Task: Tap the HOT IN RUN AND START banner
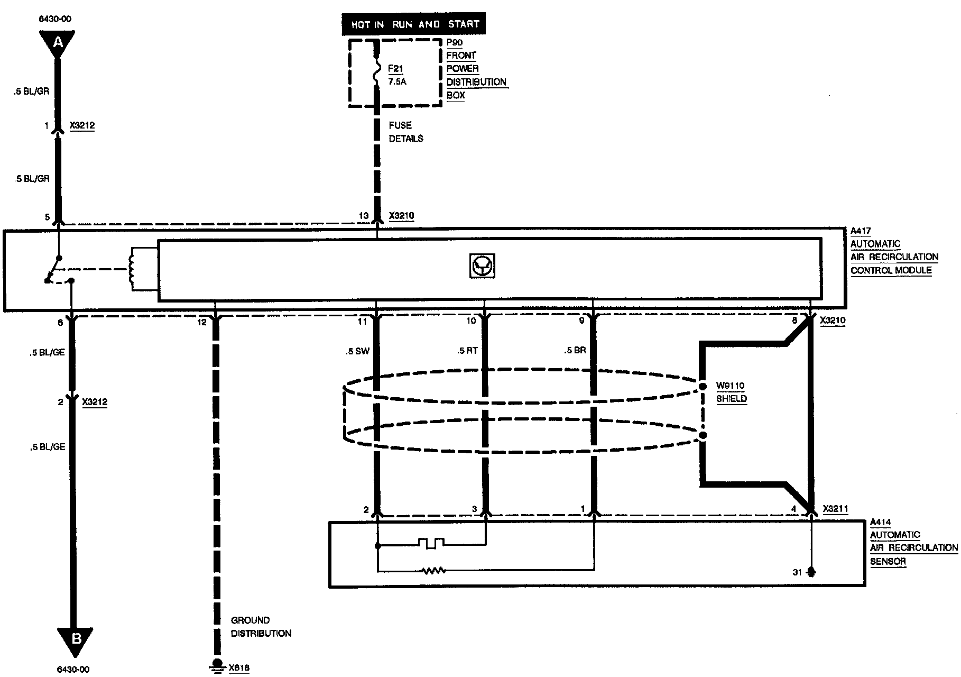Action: coord(413,24)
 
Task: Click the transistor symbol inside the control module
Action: coord(482,266)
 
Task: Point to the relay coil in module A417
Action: coord(132,269)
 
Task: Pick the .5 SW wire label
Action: coord(358,351)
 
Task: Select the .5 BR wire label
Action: coord(575,350)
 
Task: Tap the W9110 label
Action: coord(731,386)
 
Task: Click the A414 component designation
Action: coord(880,522)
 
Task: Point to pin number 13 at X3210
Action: coord(364,216)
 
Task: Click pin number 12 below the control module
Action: coord(201,322)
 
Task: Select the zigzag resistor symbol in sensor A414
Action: coord(434,571)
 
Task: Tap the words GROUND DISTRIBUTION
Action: coord(261,627)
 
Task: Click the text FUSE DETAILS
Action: coord(406,132)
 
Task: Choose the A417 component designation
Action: coord(861,231)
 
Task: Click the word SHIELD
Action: coord(732,399)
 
